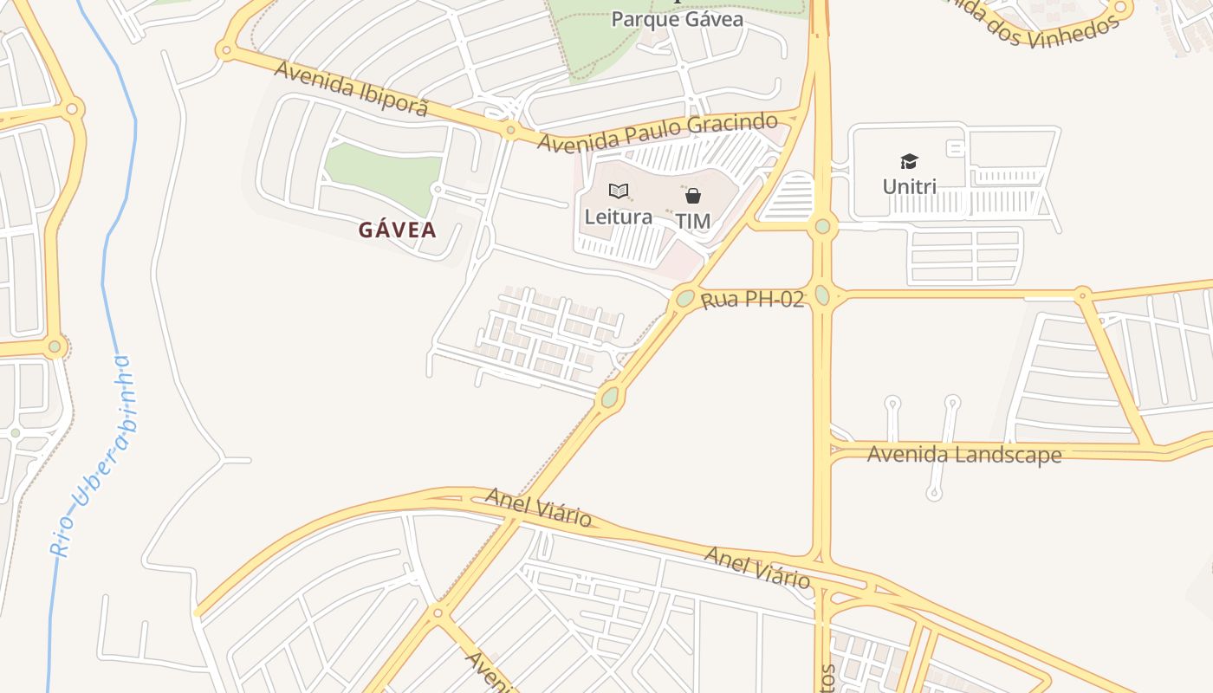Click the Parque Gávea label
pyautogui.click(x=677, y=19)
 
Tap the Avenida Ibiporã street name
pyautogui.click(x=351, y=87)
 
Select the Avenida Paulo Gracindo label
pyautogui.click(x=657, y=132)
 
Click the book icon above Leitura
pyautogui.click(x=618, y=191)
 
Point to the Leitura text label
pyautogui.click(x=618, y=217)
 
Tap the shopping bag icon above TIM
pyautogui.click(x=692, y=196)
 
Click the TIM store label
pyautogui.click(x=692, y=222)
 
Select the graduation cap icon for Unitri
pyautogui.click(x=909, y=161)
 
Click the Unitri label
pyautogui.click(x=909, y=186)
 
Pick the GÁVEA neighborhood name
pyautogui.click(x=398, y=230)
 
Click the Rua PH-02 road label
pyautogui.click(x=752, y=300)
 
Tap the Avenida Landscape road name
pyautogui.click(x=963, y=454)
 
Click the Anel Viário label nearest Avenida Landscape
pyautogui.click(x=757, y=567)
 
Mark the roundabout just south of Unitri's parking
pyautogui.click(x=822, y=227)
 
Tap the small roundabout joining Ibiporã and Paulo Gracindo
pyautogui.click(x=510, y=131)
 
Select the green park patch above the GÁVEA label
pyautogui.click(x=382, y=176)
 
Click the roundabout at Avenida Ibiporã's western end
pyautogui.click(x=227, y=50)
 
